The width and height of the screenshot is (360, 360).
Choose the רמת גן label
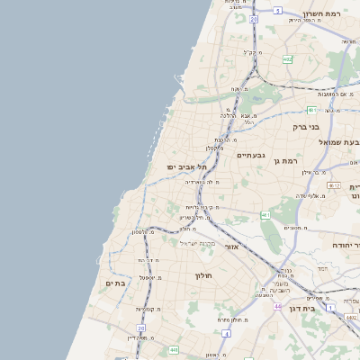(288, 160)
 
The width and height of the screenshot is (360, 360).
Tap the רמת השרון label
(330, 14)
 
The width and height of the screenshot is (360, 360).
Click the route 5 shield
(278, 11)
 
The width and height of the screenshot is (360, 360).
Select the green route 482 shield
(287, 59)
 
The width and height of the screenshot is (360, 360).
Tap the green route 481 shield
(312, 110)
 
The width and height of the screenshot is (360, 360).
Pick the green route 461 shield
(265, 215)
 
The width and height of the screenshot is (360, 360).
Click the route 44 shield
(276, 307)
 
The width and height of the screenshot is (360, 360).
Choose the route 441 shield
(173, 349)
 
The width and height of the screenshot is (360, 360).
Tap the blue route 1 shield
(330, 307)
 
